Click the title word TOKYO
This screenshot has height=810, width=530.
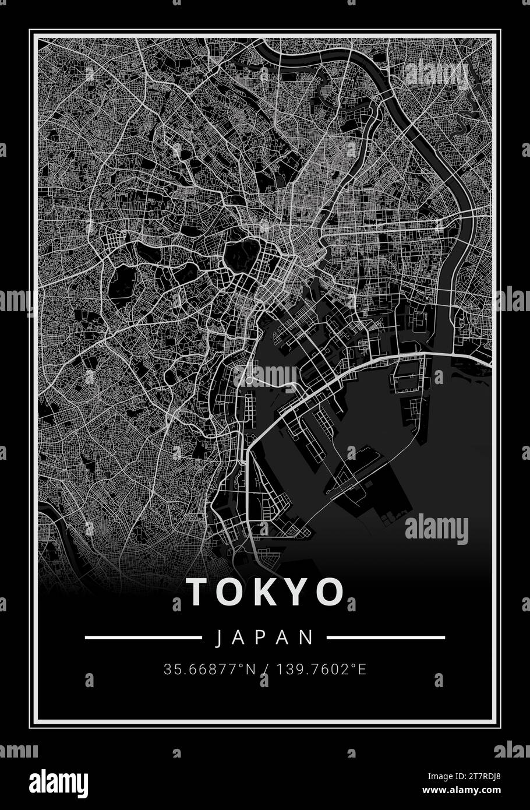(x=266, y=591)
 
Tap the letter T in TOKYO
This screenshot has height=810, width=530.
(x=196, y=591)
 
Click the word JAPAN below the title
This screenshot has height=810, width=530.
(x=265, y=638)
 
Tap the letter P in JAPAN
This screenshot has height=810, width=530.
(x=265, y=638)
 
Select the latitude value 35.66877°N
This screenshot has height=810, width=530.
(x=210, y=670)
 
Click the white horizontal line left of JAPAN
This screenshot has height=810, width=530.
(x=143, y=638)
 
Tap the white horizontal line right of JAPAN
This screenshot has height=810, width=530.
(x=386, y=638)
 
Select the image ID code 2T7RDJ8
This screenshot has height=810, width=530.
(x=489, y=775)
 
